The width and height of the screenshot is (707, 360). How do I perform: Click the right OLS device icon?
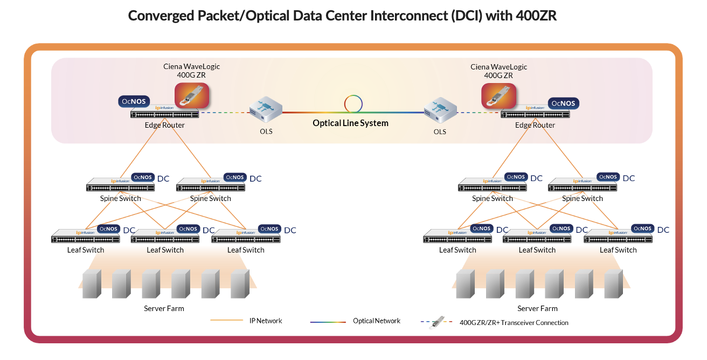click(x=440, y=111)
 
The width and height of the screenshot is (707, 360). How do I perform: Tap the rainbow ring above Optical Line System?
click(x=353, y=103)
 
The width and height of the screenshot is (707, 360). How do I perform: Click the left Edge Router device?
click(x=164, y=113)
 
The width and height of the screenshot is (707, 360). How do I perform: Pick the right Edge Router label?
click(x=535, y=125)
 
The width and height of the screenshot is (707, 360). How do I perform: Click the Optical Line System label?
click(x=350, y=123)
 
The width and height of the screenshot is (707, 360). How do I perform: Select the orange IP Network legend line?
click(x=226, y=321)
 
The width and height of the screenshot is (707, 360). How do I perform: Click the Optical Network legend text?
click(x=377, y=321)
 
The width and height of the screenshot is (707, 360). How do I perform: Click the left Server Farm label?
click(x=164, y=308)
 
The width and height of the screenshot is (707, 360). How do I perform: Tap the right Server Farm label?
click(x=537, y=308)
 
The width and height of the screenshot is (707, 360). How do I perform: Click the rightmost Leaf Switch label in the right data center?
click(x=618, y=250)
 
